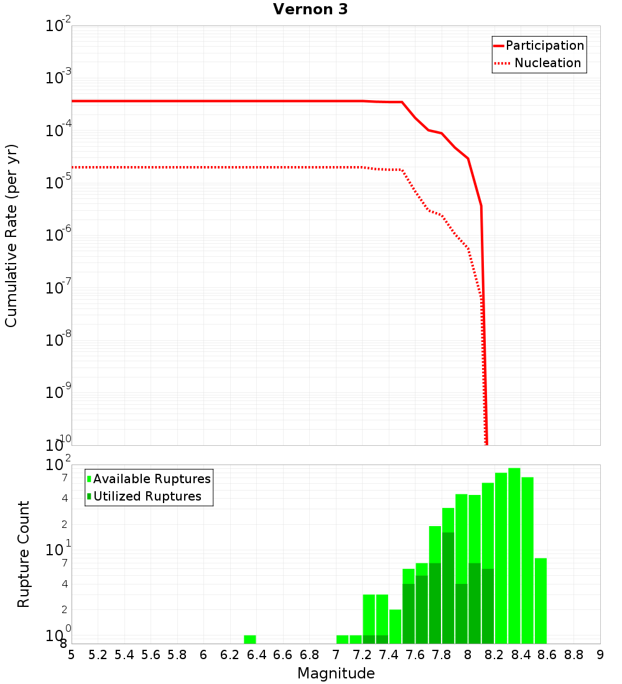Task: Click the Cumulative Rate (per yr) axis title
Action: coord(11,236)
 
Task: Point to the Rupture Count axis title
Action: coord(24,554)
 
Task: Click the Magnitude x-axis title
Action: coord(336,673)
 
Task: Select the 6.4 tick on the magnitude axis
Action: coord(256,655)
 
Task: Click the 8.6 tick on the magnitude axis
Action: coord(547,655)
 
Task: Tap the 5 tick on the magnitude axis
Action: coord(72,655)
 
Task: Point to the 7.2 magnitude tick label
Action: coord(362,655)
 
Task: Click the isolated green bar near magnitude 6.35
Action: coord(250,639)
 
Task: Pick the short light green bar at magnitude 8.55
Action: coord(541,601)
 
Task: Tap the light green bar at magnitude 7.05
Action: coord(342,639)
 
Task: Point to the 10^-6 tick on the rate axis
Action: coord(58,236)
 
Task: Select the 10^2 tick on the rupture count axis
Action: coord(58,465)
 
